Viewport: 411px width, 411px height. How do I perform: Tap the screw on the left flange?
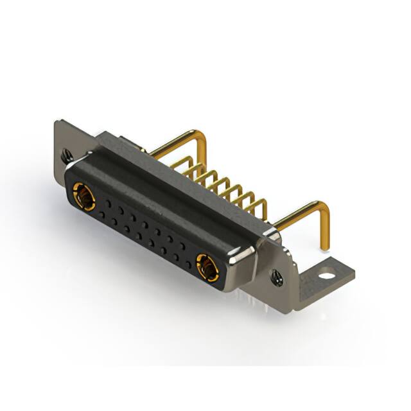[67, 155]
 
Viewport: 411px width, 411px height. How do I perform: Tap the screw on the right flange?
[277, 278]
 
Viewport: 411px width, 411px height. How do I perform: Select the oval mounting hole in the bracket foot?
[327, 277]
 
